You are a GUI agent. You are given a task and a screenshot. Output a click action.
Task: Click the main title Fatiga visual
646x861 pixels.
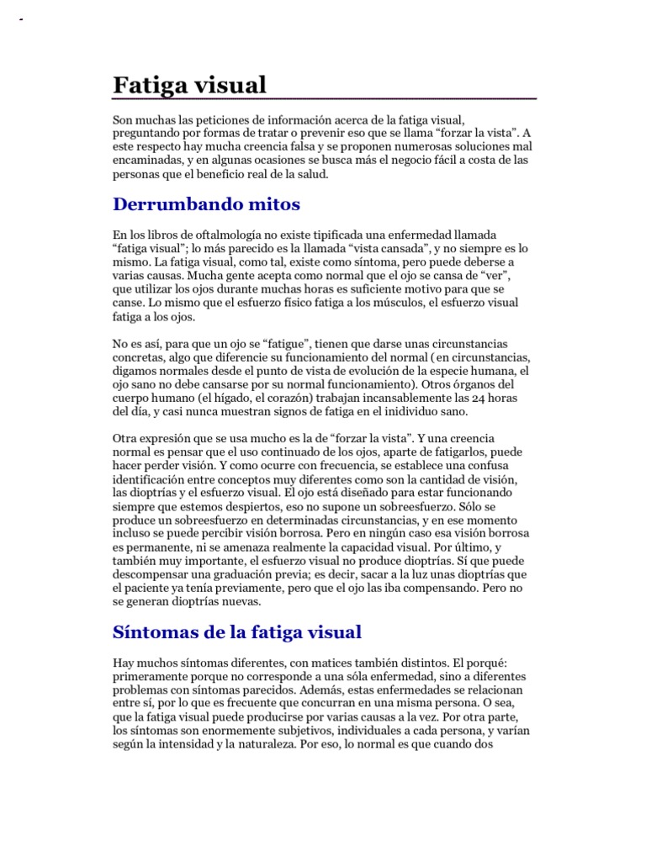189,85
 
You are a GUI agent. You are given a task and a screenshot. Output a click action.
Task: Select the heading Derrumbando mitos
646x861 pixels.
206,204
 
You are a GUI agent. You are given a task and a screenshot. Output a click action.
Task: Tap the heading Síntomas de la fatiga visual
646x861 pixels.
237,632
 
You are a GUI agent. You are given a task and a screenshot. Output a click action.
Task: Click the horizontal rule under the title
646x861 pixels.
325,99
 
